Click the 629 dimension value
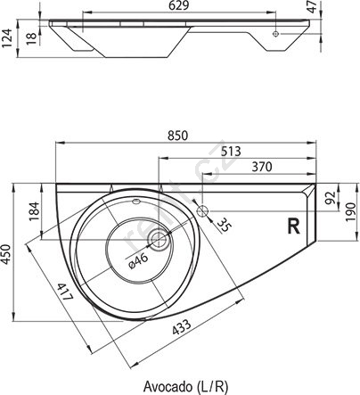178,6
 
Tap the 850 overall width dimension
178,136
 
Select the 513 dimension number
231,152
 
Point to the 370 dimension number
262,167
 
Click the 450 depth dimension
6,253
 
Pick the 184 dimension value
34,211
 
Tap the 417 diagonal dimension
65,292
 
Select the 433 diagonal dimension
182,327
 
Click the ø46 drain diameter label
138,261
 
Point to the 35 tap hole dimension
224,225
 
